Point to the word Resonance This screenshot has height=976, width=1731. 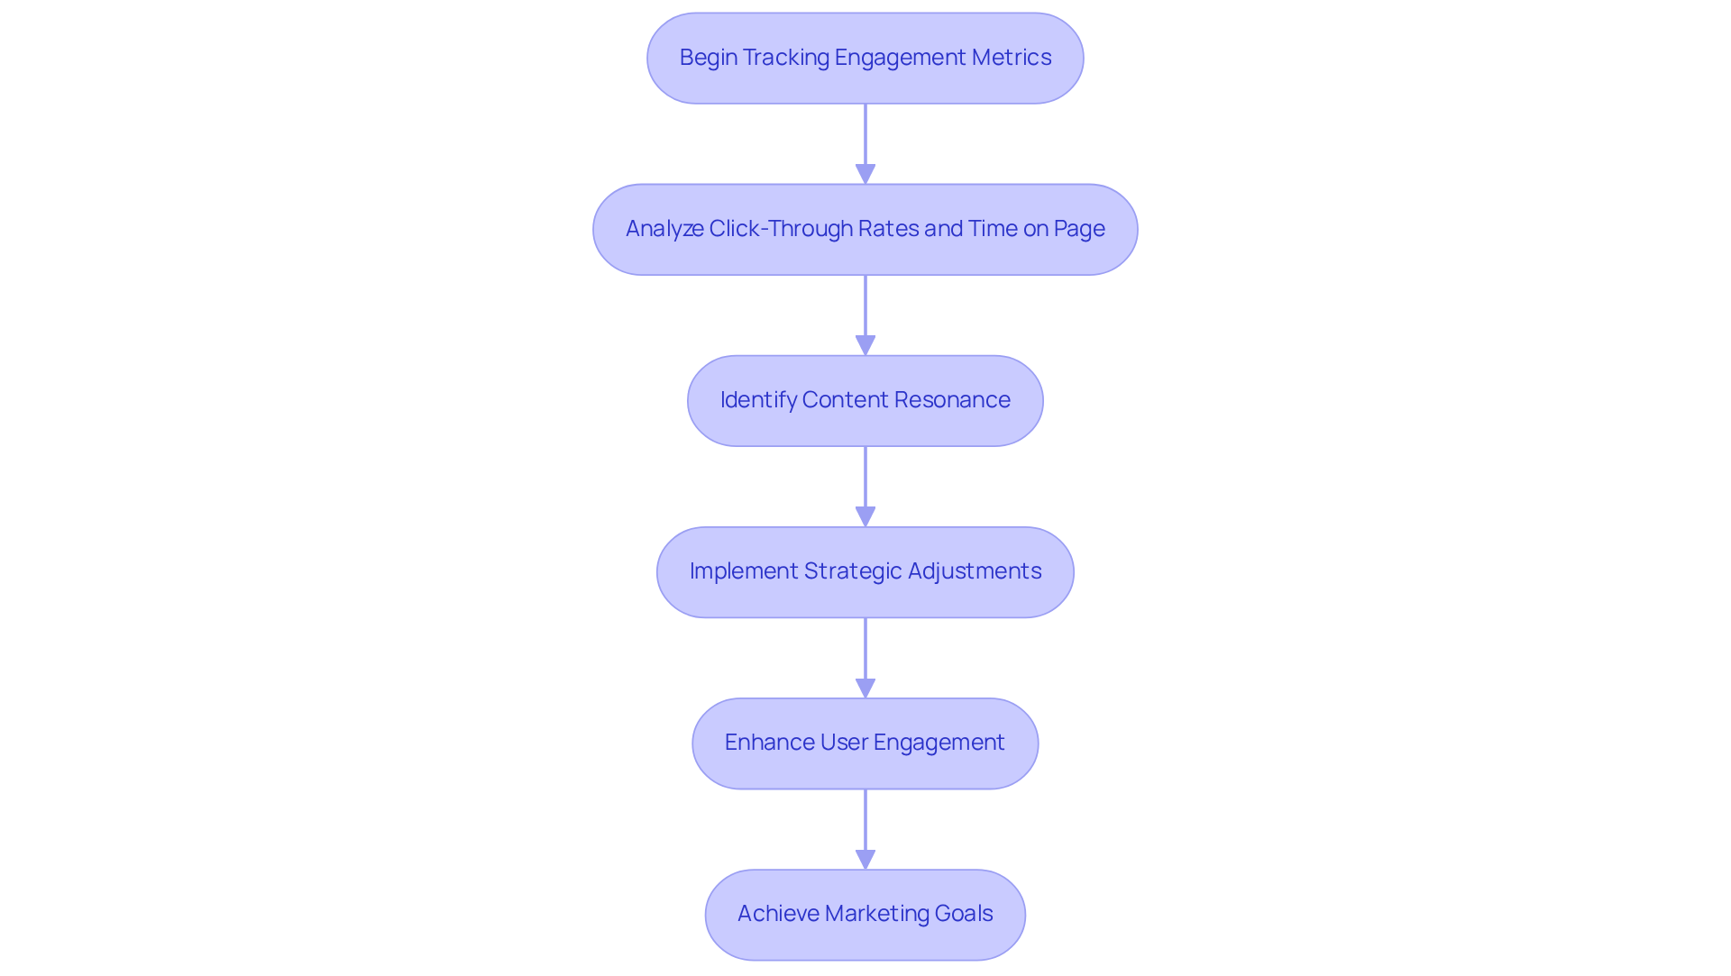tap(952, 400)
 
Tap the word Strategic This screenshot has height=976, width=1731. tap(852, 571)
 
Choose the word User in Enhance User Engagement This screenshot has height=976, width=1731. tap(843, 743)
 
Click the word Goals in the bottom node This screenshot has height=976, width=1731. tap(964, 914)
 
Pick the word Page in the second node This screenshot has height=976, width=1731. tap(1079, 229)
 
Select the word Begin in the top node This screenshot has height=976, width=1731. tap(708, 58)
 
